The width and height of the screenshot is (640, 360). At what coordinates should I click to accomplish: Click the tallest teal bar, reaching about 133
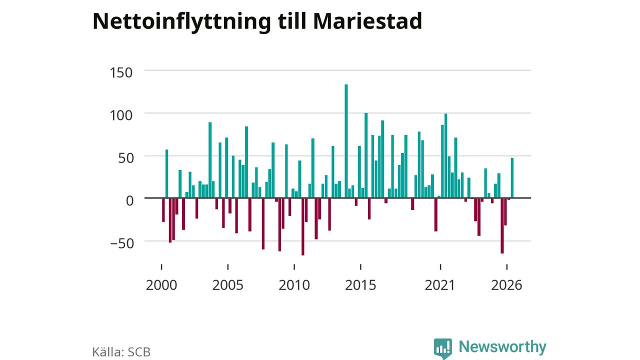tap(346, 141)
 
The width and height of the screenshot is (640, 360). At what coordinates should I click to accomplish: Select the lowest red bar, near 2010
tap(303, 226)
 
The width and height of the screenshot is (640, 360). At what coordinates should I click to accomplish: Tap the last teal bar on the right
tap(512, 178)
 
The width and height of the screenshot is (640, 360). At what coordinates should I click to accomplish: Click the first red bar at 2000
tap(163, 210)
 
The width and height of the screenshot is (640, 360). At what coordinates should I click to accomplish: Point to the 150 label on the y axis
tap(121, 72)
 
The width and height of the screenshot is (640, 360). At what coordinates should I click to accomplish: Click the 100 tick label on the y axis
tap(121, 115)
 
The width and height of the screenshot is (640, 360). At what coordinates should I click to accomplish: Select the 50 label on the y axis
tap(125, 158)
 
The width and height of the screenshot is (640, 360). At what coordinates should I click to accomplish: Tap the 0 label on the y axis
tap(129, 201)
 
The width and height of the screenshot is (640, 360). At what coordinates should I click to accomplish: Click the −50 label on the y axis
tap(122, 243)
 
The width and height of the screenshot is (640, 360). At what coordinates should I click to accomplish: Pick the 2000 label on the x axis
tap(161, 285)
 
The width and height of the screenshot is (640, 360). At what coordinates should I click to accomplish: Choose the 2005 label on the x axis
tap(227, 285)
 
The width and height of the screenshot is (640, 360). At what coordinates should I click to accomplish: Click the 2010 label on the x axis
tap(294, 285)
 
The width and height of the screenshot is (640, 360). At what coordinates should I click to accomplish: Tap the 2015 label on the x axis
tap(360, 285)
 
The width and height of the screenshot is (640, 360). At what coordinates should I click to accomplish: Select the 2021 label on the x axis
tap(440, 285)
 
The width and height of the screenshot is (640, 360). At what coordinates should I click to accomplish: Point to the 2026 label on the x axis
tap(506, 285)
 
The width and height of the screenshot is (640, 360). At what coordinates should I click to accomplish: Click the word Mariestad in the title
tap(367, 21)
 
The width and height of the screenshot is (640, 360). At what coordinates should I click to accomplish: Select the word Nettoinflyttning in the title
tap(181, 23)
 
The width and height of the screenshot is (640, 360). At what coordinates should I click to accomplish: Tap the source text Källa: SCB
tap(121, 351)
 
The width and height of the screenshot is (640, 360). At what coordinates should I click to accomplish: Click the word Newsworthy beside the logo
tap(502, 347)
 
